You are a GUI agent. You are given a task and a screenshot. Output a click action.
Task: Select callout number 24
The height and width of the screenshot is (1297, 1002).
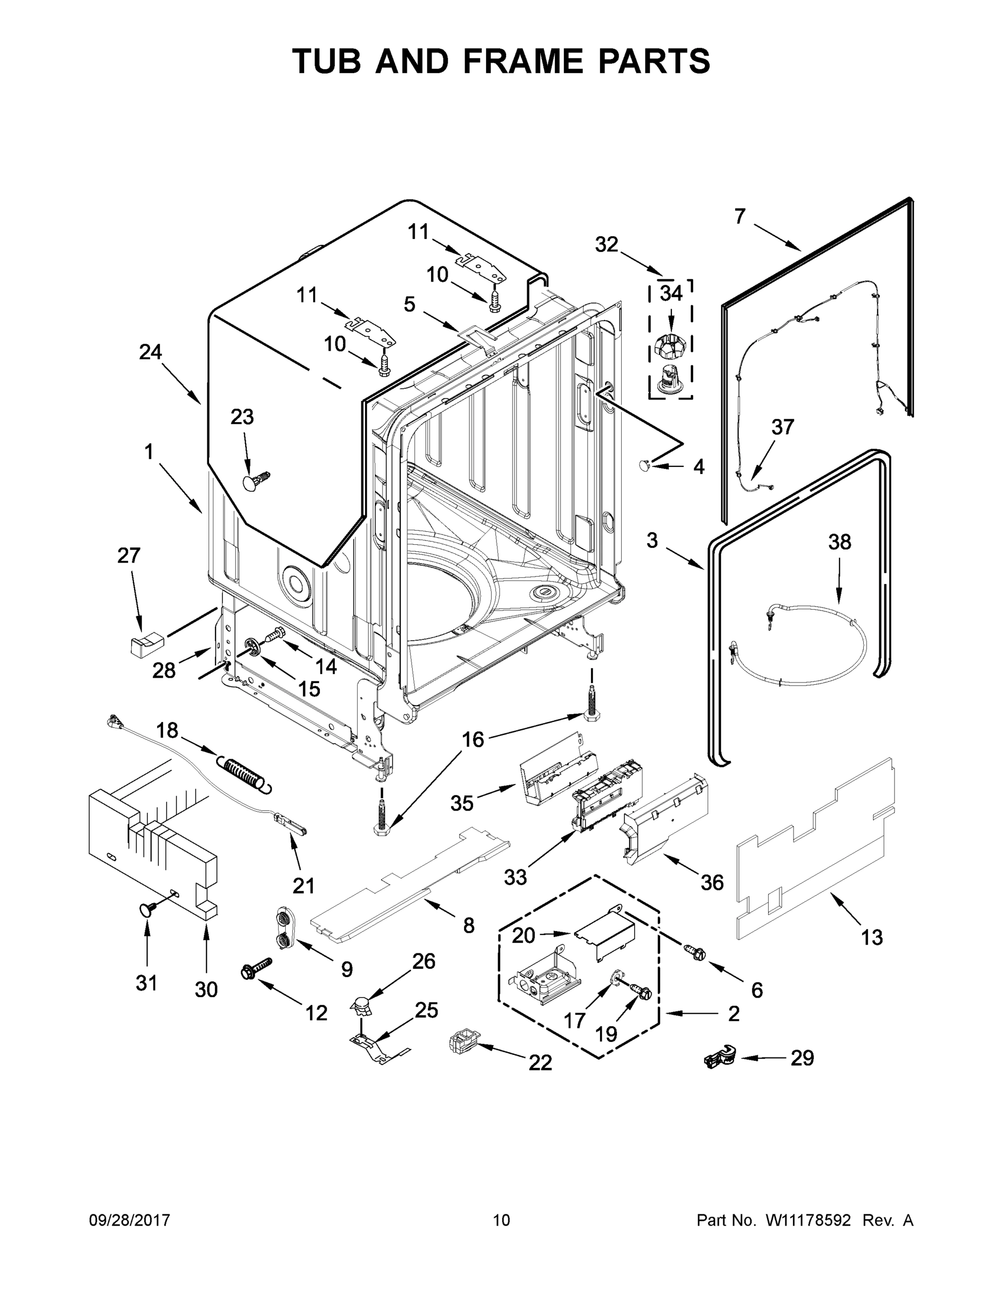click(x=150, y=352)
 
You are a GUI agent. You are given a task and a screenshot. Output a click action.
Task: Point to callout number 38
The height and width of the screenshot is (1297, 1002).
click(x=839, y=542)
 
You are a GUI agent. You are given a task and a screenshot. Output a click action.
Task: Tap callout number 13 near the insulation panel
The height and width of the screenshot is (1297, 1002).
click(x=871, y=937)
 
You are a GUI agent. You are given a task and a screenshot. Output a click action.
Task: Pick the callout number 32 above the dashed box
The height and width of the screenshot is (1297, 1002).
click(x=606, y=244)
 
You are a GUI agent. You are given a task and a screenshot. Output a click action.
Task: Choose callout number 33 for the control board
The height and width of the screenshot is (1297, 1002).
click(x=515, y=877)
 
